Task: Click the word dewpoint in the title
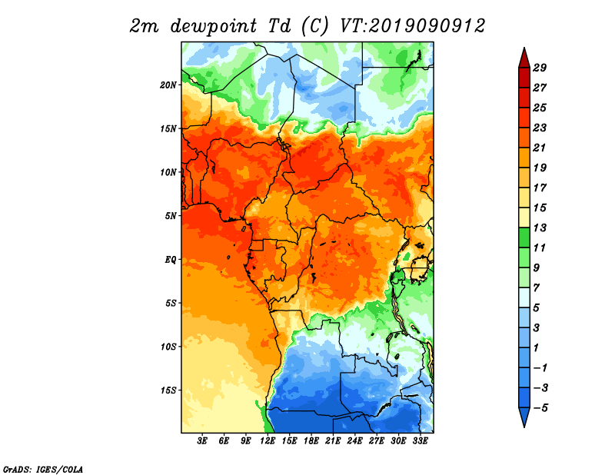(x=214, y=26)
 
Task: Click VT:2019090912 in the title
(x=412, y=26)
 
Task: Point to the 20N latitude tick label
(x=168, y=85)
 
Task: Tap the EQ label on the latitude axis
(x=171, y=260)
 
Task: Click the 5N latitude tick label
(x=171, y=216)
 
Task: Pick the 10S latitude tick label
(x=168, y=347)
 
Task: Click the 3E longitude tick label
(x=202, y=440)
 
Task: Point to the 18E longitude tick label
(x=311, y=440)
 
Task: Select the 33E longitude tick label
(x=420, y=440)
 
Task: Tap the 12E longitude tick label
(x=268, y=440)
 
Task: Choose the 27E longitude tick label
(x=377, y=440)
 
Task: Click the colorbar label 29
(x=540, y=68)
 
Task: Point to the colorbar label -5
(x=540, y=408)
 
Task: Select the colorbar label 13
(x=540, y=228)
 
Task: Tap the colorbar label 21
(x=540, y=148)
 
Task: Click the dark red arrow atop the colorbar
(x=524, y=59)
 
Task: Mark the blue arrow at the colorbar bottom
(x=524, y=416)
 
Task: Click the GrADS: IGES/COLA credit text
(x=43, y=469)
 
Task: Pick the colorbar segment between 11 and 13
(x=524, y=237)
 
